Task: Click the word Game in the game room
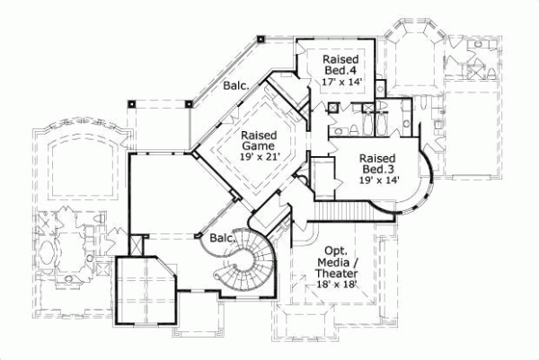tap(258, 146)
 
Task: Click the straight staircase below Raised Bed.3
tap(346, 211)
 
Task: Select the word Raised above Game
tap(258, 135)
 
